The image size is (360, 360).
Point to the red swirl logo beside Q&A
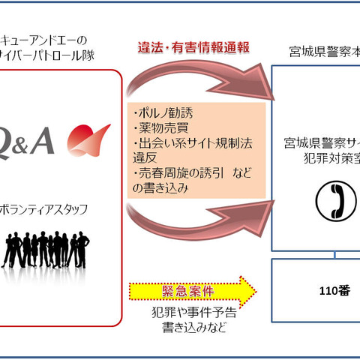[88, 138]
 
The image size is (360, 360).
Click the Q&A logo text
[31, 142]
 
